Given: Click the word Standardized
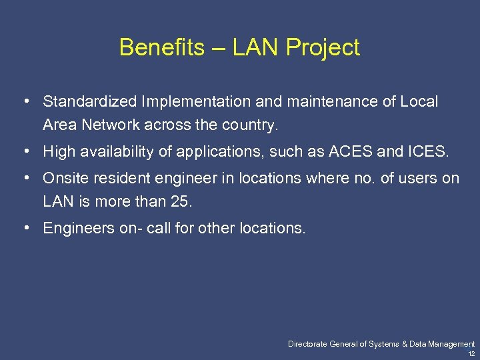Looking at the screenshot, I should coord(90,102).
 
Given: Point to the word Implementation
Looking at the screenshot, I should coord(193,102).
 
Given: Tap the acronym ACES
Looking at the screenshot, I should coord(349,152).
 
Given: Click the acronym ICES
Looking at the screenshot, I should coord(426,152).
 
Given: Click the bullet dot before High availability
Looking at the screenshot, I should coord(25,151).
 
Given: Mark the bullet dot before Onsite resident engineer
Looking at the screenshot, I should coord(25,178).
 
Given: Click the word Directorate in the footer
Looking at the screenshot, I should coord(309,344).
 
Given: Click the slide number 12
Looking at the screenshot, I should coord(471,353).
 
